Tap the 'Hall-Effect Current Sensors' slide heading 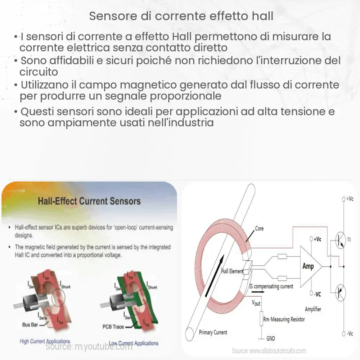point(89,201)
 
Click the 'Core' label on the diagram point(259,228)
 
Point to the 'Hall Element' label point(232,271)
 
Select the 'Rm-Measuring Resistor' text point(284,319)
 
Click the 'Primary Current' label point(213,332)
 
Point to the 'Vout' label point(256,303)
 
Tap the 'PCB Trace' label point(113,327)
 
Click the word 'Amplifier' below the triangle point(313,309)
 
